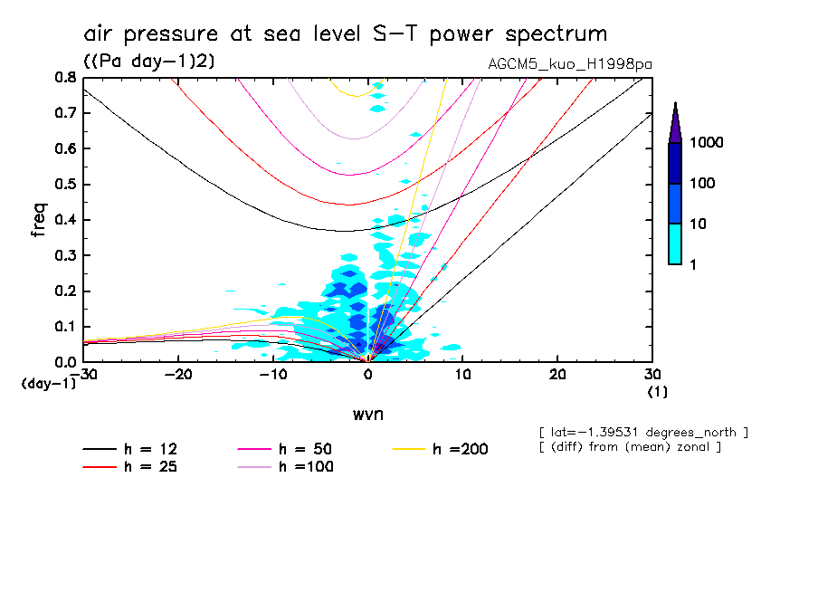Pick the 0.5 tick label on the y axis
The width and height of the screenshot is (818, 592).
pyautogui.click(x=64, y=184)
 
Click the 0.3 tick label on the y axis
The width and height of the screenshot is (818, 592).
pyautogui.click(x=64, y=255)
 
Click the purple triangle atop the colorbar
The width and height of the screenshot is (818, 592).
pyautogui.click(x=675, y=123)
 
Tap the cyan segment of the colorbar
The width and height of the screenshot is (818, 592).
pyautogui.click(x=675, y=243)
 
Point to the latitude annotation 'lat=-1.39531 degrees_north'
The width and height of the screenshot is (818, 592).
pyautogui.click(x=643, y=432)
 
